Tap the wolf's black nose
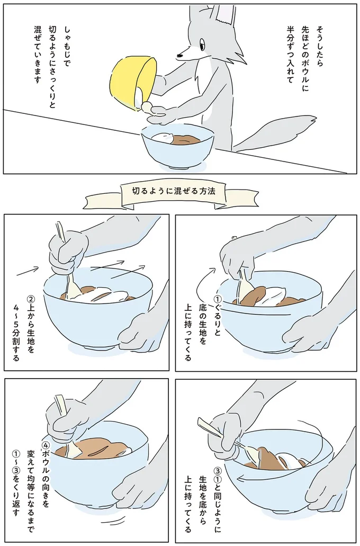click(179, 53)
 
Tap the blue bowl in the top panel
click(177, 148)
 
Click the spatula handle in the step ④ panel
click(59, 405)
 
